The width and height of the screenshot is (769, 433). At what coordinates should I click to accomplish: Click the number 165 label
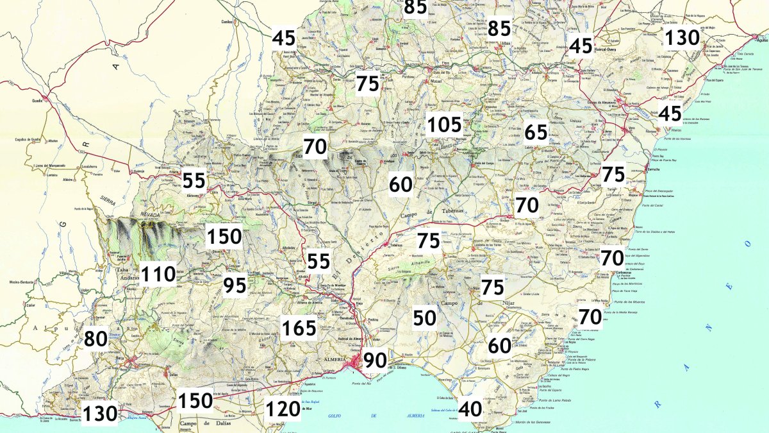[300, 328]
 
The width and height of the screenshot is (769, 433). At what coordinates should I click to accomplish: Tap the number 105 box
[444, 125]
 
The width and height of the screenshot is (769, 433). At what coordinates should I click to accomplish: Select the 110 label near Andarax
[158, 275]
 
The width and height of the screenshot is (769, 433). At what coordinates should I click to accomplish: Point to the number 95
[235, 285]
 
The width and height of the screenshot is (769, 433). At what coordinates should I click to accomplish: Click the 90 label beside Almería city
[376, 361]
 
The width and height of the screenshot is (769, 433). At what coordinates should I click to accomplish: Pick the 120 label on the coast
[283, 408]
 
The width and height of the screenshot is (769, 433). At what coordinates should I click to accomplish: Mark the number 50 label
[425, 318]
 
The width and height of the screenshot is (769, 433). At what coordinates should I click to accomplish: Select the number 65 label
[536, 132]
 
